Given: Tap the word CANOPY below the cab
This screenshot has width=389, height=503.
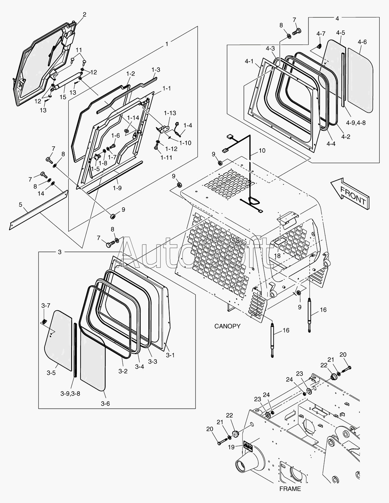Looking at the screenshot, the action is pos(227,326).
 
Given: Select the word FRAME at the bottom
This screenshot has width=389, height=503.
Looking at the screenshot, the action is pos(290,489).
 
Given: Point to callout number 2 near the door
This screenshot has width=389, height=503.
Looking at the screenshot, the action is pos(84,14).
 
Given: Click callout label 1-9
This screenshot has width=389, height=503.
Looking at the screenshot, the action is pos(117,188).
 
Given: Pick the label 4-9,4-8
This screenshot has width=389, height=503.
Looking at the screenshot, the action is pos(356,123).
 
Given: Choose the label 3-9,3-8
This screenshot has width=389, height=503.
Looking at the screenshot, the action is pos(70,393).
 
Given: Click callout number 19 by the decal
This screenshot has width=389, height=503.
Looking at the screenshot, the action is pos(231,447).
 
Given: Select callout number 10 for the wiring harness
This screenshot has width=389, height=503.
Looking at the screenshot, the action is pos(262,150).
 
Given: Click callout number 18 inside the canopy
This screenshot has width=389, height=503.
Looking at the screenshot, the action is pos(277,256).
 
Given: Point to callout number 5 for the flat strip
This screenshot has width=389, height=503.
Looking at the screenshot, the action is pos(20,204).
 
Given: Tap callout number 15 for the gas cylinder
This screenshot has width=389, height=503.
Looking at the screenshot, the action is pos(63,97).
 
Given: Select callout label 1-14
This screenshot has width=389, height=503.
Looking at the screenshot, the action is pos(133,118).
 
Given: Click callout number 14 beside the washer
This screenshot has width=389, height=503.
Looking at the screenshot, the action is pos(41,193).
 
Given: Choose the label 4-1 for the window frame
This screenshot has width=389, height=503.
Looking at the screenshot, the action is pos(249,61).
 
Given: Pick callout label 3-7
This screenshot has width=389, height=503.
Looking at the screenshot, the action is pos(46,305).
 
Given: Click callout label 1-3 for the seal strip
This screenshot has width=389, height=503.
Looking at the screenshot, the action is pos(156,69).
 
